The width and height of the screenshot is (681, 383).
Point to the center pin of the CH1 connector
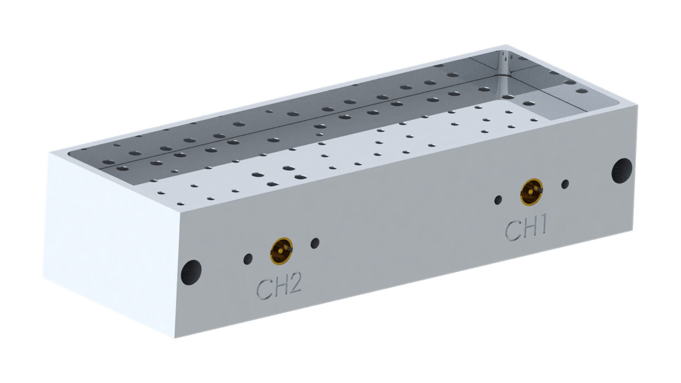(531, 192)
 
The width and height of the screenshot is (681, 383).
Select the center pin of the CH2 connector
(281, 251)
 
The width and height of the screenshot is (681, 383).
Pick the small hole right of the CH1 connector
(565, 184)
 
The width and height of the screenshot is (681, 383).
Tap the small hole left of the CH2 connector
(248, 259)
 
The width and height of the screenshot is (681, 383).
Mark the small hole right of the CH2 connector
(315, 243)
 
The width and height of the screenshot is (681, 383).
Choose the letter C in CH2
(264, 290)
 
